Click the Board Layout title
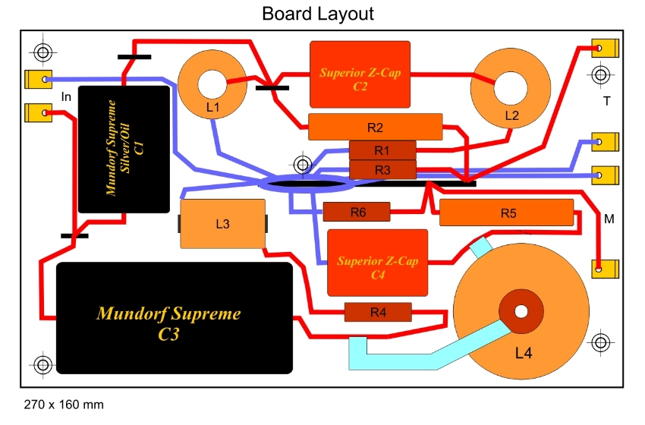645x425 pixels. [318, 14]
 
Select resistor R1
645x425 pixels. [382, 150]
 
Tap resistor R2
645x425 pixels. [375, 126]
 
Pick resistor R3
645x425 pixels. [382, 169]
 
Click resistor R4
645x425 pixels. [378, 311]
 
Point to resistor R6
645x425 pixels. [357, 212]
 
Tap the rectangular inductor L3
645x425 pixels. [222, 224]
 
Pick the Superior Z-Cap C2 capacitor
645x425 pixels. [360, 74]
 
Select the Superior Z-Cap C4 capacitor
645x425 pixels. [377, 263]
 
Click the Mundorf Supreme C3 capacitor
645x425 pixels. [175, 318]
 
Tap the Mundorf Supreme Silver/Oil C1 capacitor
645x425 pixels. [124, 149]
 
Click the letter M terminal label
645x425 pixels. [608, 219]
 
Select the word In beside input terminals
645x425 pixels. [66, 96]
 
